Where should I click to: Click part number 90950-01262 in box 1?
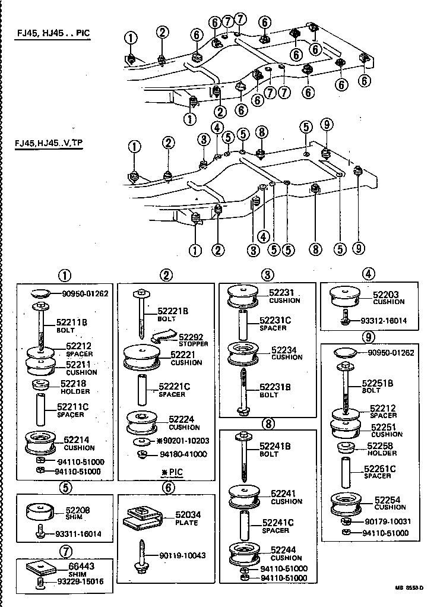pos(85,293)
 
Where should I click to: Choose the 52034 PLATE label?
pos(188,518)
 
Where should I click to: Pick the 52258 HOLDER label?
pos(381,448)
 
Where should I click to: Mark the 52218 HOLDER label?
pos(72,387)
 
